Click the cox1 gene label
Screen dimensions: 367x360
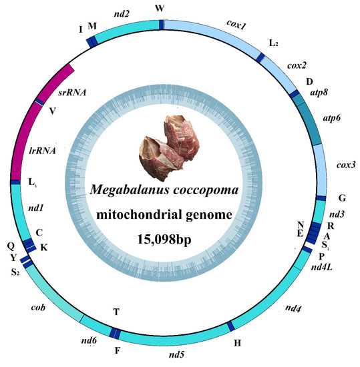[x=236, y=26]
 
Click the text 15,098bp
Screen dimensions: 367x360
[x=179, y=238]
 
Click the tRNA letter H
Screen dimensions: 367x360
[x=238, y=342]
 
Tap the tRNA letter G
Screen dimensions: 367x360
[x=341, y=198]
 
